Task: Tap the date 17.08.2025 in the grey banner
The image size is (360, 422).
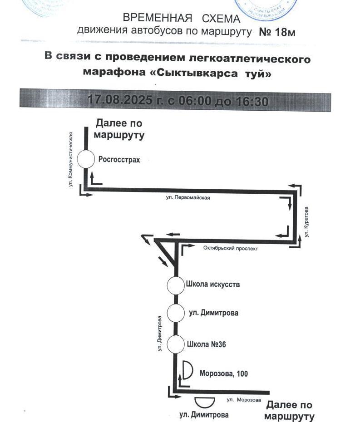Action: click(x=119, y=100)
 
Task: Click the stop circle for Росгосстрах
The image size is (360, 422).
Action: click(x=86, y=159)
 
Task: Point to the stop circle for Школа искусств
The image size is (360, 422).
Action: click(x=176, y=285)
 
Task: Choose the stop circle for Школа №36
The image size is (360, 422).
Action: click(x=176, y=344)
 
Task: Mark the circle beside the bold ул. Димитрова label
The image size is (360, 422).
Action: click(x=176, y=313)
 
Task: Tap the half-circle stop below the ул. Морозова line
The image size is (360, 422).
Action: click(x=205, y=402)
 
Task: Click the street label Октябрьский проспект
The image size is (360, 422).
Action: click(x=230, y=248)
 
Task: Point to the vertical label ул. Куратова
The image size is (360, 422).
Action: click(x=306, y=222)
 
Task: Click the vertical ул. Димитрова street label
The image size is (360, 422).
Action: click(x=159, y=334)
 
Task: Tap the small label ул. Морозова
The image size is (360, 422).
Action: click(x=244, y=400)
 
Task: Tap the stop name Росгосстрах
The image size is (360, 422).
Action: click(x=119, y=160)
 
